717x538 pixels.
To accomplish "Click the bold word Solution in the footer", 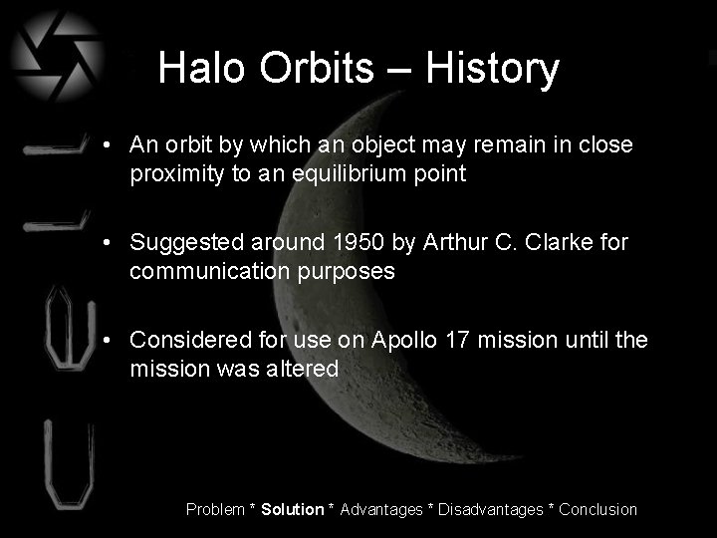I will point(293,509).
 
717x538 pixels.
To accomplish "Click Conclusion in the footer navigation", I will point(598,509).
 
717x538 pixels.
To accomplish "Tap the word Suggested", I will point(179,242).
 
